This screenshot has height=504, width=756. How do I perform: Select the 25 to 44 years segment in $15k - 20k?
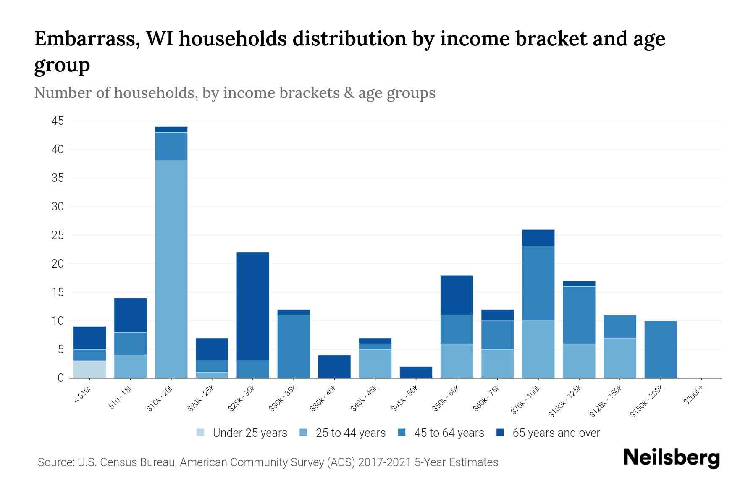point(171,269)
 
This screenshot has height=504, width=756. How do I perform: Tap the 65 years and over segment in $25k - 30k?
point(253,307)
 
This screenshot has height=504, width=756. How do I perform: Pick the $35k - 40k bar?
point(334,367)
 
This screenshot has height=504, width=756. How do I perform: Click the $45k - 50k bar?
point(416,372)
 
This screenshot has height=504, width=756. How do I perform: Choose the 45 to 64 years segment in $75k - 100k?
point(538,283)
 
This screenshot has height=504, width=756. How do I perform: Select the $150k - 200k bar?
point(660,349)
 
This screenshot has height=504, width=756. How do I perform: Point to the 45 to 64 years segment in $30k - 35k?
point(294,346)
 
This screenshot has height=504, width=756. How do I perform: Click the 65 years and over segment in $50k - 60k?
point(457,295)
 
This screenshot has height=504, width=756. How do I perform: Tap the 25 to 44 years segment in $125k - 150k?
point(619,358)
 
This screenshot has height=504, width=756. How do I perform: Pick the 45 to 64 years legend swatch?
point(402,433)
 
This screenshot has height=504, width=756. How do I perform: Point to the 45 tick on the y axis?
point(58,121)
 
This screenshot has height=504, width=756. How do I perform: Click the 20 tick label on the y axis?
point(58,264)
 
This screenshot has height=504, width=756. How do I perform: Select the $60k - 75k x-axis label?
point(488,398)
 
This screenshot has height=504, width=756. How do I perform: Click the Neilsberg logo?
point(671,458)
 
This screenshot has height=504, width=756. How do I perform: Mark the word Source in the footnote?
point(55,462)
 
